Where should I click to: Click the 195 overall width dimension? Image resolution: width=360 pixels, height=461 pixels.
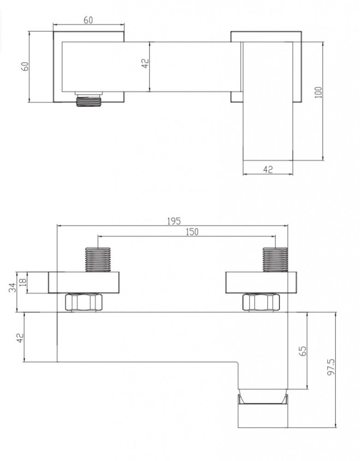pyautogui.click(x=174, y=221)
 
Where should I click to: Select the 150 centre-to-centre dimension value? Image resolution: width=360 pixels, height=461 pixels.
pyautogui.click(x=192, y=232)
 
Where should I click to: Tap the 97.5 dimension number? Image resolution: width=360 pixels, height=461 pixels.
pyautogui.click(x=331, y=367)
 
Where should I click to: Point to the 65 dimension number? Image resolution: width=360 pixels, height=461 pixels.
pyautogui.click(x=303, y=350)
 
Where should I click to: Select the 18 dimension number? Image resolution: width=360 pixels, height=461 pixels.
pyautogui.click(x=23, y=282)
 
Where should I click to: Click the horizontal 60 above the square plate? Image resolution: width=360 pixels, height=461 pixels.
pyautogui.click(x=88, y=20)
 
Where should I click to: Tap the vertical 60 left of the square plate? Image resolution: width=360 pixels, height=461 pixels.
pyautogui.click(x=25, y=66)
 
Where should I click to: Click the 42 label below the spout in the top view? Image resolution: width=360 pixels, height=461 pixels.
pyautogui.click(x=268, y=169)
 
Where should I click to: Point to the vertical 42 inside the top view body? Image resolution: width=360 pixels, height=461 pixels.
pyautogui.click(x=146, y=64)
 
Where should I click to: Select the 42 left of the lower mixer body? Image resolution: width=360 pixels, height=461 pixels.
pyautogui.click(x=20, y=337)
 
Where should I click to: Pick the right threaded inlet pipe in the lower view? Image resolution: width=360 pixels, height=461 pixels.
pyautogui.click(x=275, y=259)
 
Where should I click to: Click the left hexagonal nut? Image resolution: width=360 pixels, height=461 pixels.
pyautogui.click(x=83, y=302)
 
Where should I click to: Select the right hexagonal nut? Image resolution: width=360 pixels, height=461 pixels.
pyautogui.click(x=261, y=302)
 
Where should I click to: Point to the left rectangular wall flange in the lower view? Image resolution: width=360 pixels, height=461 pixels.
pyautogui.click(x=84, y=283)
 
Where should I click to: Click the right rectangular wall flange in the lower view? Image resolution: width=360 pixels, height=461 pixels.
pyautogui.click(x=261, y=283)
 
